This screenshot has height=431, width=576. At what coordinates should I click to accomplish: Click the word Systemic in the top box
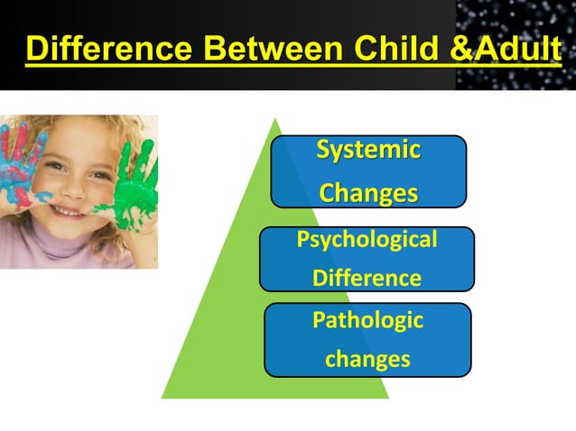pyautogui.click(x=367, y=150)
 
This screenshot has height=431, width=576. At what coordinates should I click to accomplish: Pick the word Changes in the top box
pyautogui.click(x=368, y=193)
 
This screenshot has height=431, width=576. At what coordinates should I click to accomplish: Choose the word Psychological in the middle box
pyautogui.click(x=367, y=240)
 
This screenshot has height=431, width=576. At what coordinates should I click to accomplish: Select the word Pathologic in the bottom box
pyautogui.click(x=367, y=319)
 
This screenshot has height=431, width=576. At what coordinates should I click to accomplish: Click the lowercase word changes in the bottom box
pyautogui.click(x=367, y=359)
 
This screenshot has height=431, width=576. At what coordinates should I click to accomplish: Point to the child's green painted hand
pyautogui.click(x=135, y=185)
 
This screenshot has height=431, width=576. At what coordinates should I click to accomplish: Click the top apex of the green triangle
pyautogui.click(x=274, y=118)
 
